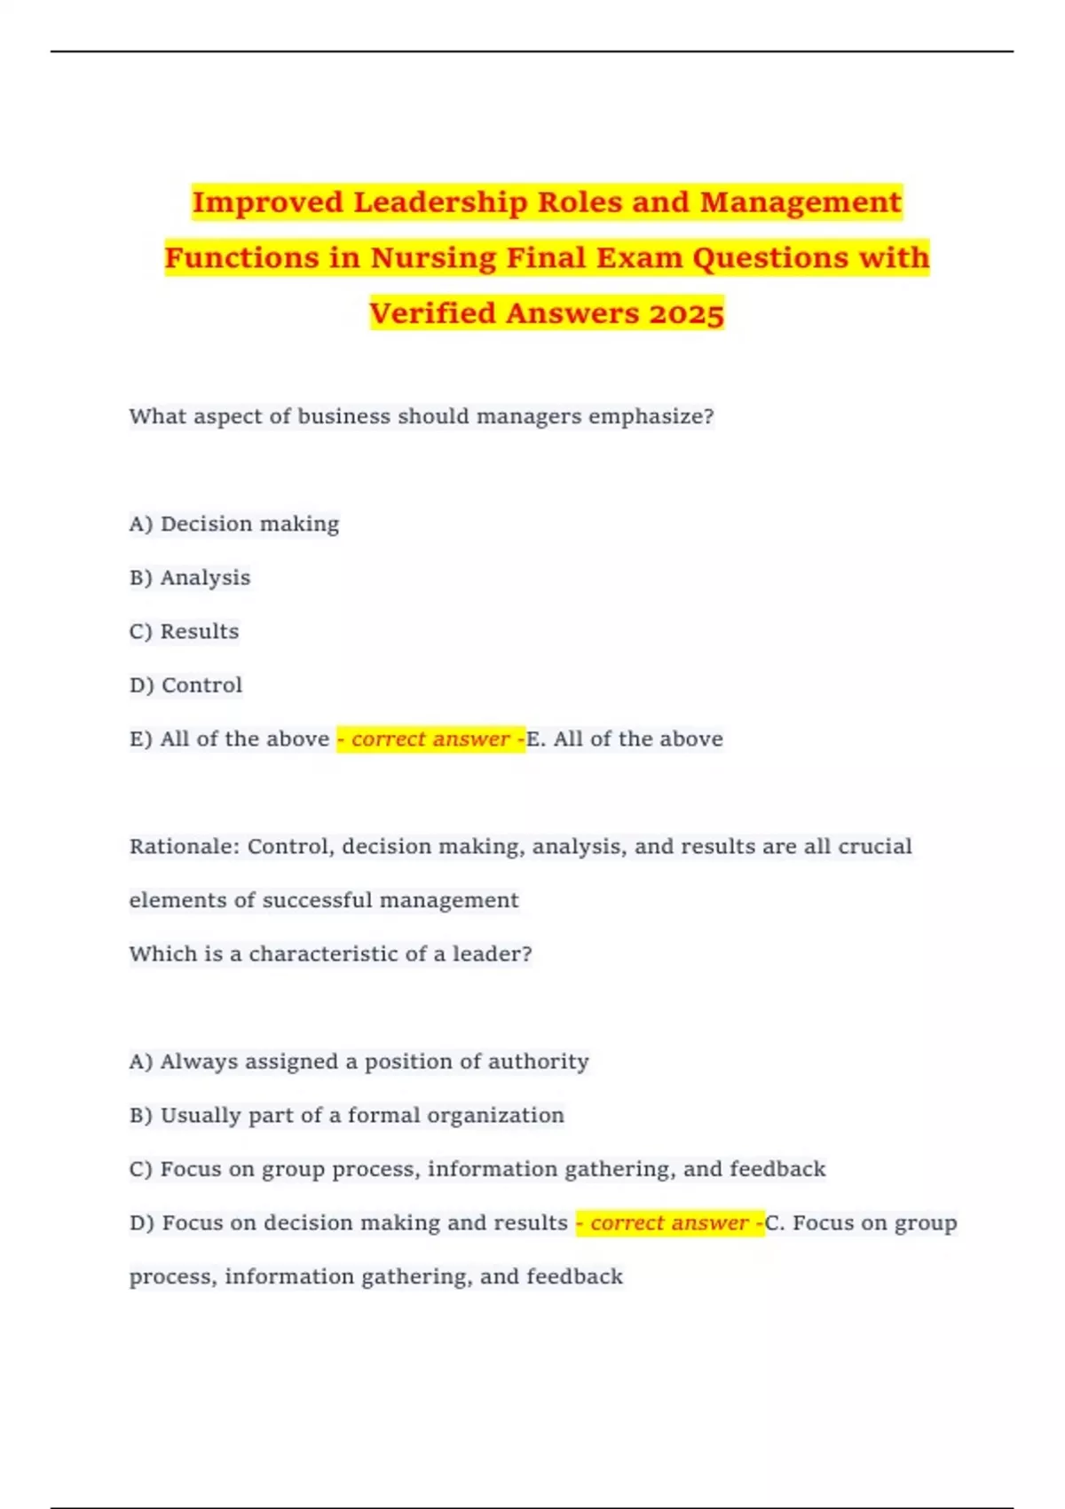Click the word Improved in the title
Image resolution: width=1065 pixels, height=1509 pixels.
(267, 202)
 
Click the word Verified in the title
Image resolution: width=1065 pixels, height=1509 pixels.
(432, 313)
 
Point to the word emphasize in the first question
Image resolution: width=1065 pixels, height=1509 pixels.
(651, 416)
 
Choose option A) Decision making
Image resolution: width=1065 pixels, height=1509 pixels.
(234, 524)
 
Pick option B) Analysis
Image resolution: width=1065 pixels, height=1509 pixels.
(190, 578)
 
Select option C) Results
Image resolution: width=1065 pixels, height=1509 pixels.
(185, 631)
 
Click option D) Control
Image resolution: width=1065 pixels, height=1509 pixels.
(186, 685)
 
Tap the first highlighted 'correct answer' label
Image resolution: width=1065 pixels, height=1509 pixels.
(430, 739)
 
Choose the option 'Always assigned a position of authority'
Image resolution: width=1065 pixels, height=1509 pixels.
(359, 1062)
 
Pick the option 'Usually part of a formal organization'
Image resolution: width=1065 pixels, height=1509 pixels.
(347, 1115)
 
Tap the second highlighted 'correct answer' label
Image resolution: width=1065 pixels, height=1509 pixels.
(669, 1223)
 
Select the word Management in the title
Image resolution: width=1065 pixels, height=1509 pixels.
(800, 202)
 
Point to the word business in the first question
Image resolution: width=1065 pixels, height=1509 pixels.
(343, 416)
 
